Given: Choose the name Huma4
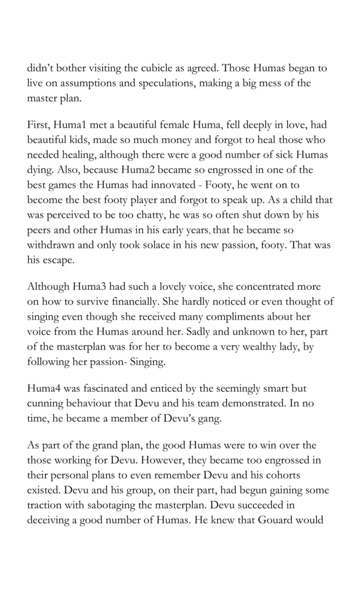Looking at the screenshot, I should pyautogui.click(x=46, y=388).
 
